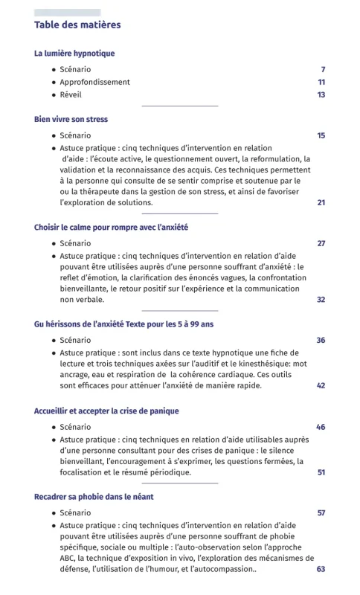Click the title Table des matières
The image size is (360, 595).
77,25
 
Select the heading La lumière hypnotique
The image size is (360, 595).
74,54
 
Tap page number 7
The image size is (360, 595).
323,69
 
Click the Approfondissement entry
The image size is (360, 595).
94,82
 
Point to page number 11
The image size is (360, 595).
321,82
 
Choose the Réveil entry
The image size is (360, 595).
71,94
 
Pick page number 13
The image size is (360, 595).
321,94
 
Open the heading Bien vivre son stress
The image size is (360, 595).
71,119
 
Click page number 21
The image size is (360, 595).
321,202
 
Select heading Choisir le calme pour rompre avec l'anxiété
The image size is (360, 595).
112,227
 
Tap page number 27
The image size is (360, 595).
321,243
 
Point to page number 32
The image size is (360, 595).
321,299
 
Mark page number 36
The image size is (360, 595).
321,340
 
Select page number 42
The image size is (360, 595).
321,385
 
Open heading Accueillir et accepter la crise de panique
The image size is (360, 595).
106,411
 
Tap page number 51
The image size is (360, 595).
321,472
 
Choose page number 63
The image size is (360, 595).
321,569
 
